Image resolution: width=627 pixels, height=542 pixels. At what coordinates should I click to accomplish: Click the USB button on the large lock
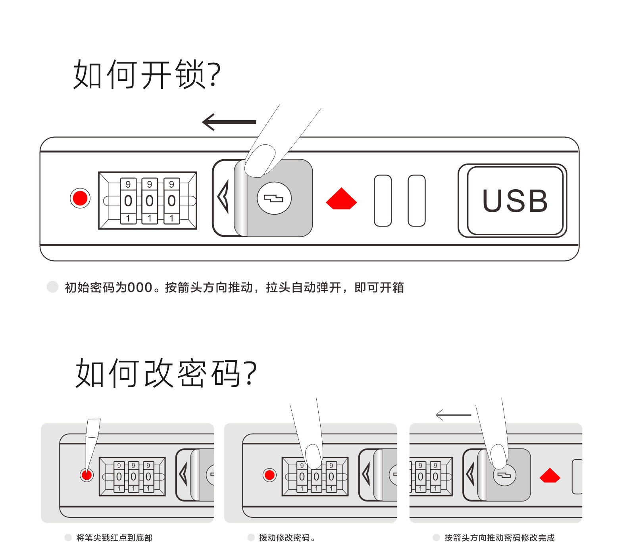pyautogui.click(x=515, y=200)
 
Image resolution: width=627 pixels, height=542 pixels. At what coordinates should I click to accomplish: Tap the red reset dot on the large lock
pyautogui.click(x=80, y=198)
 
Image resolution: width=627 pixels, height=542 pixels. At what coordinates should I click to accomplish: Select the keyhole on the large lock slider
pyautogui.click(x=274, y=198)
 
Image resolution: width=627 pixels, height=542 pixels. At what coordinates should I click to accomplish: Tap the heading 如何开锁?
pyautogui.click(x=146, y=74)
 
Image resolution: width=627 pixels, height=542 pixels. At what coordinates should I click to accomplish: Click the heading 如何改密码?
pyautogui.click(x=166, y=373)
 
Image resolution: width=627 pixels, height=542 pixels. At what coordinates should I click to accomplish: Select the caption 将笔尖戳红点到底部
pyautogui.click(x=114, y=537)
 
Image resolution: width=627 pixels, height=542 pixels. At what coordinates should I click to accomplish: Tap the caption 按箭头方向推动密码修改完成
pyautogui.click(x=499, y=537)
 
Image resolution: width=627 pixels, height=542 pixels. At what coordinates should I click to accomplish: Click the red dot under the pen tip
pyautogui.click(x=87, y=475)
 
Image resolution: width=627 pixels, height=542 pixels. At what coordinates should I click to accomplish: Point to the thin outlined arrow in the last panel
pyautogui.click(x=453, y=415)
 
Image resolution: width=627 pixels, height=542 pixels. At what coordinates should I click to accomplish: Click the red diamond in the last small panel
pyautogui.click(x=550, y=475)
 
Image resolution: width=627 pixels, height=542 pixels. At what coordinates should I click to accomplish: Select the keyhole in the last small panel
pyautogui.click(x=504, y=475)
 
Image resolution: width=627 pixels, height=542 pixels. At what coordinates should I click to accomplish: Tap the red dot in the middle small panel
pyautogui.click(x=269, y=475)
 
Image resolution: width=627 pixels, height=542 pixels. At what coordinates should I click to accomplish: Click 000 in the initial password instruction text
pyautogui.click(x=140, y=287)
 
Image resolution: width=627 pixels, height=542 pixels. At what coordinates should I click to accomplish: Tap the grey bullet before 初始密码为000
pyautogui.click(x=52, y=286)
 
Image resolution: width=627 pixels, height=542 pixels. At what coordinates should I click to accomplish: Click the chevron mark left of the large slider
pyautogui.click(x=223, y=196)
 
